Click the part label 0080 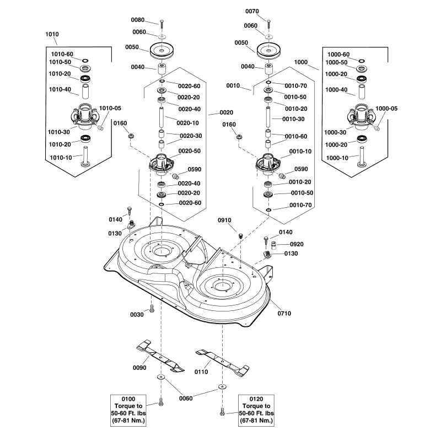(x=137, y=20)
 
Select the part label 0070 (x=251, y=11)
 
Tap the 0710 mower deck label (x=284, y=314)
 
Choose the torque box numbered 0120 (x=256, y=410)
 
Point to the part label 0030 (x=137, y=314)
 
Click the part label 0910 (x=224, y=220)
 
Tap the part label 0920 (x=296, y=244)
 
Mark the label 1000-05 (x=386, y=109)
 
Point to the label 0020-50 (x=189, y=150)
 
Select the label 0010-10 (x=300, y=150)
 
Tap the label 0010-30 (x=293, y=119)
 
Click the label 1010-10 (x=60, y=158)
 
